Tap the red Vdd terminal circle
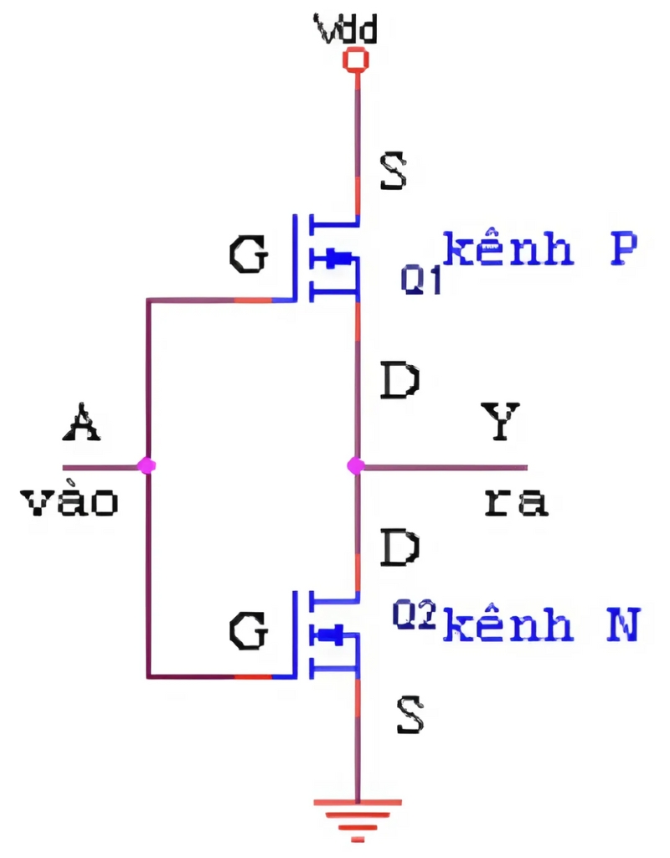pos(357,60)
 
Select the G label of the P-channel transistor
pos(249,255)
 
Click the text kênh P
pos(540,249)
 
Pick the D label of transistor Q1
pos(399,381)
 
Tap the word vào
pos(69,501)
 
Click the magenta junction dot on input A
pos(148,465)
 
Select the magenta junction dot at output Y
pos(356,466)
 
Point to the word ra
pos(516,501)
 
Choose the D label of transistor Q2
pos(399,549)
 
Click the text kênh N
pos(541,625)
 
